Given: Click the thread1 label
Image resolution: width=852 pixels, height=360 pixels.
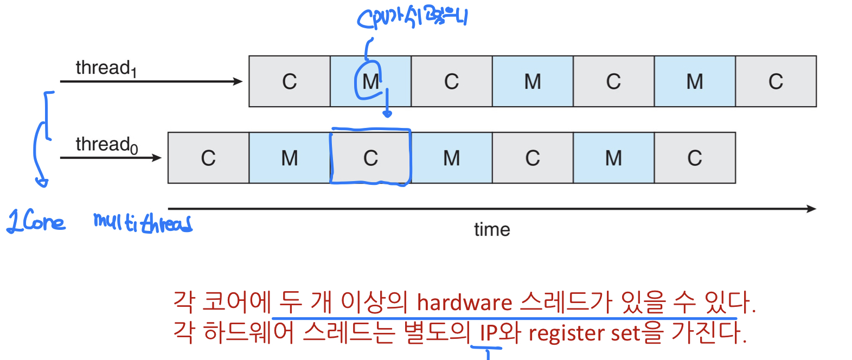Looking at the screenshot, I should point(106,68).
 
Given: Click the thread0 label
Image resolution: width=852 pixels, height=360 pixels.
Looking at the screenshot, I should point(106,145).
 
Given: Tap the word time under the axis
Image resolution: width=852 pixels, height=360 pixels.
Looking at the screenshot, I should point(492,230).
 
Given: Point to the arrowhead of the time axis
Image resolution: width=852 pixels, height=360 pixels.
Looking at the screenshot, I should point(812,209).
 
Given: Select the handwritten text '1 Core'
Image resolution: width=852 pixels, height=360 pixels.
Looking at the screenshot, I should point(36,222).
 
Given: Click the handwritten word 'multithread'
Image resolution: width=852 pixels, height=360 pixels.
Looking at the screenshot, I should point(143,222).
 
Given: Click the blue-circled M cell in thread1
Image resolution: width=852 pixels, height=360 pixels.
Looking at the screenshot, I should point(370,82).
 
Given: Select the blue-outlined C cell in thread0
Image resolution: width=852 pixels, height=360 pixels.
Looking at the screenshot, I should point(370,158).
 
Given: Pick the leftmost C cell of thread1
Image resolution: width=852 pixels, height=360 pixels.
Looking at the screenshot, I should point(290,82).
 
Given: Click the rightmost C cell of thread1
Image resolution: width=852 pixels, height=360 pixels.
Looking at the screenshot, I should point(776,82).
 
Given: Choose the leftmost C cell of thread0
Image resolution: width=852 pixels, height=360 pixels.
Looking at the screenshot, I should point(208,158).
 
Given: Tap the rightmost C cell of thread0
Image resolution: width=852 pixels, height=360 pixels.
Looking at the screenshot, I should point(695,158).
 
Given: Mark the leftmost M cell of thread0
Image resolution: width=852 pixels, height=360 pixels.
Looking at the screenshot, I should point(290,158).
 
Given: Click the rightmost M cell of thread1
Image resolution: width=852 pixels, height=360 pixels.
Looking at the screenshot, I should point(695,82).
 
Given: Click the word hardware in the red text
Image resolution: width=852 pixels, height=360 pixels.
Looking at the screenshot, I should point(464,303).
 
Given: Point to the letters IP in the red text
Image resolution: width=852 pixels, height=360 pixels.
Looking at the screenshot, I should point(489,333).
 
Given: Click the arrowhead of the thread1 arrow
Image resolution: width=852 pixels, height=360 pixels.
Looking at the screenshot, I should point(238,82).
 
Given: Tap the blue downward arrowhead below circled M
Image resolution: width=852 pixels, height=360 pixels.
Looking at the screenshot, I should point(387,113).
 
